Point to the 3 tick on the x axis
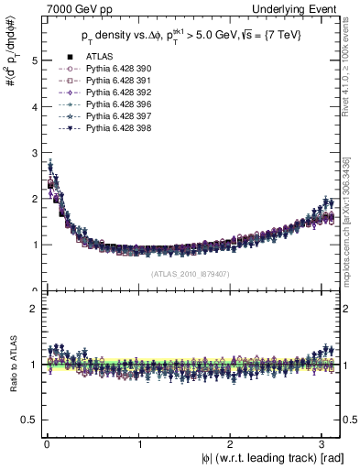click(325, 443)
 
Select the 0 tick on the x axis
click(47, 443)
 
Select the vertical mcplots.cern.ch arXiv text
click(349, 211)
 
